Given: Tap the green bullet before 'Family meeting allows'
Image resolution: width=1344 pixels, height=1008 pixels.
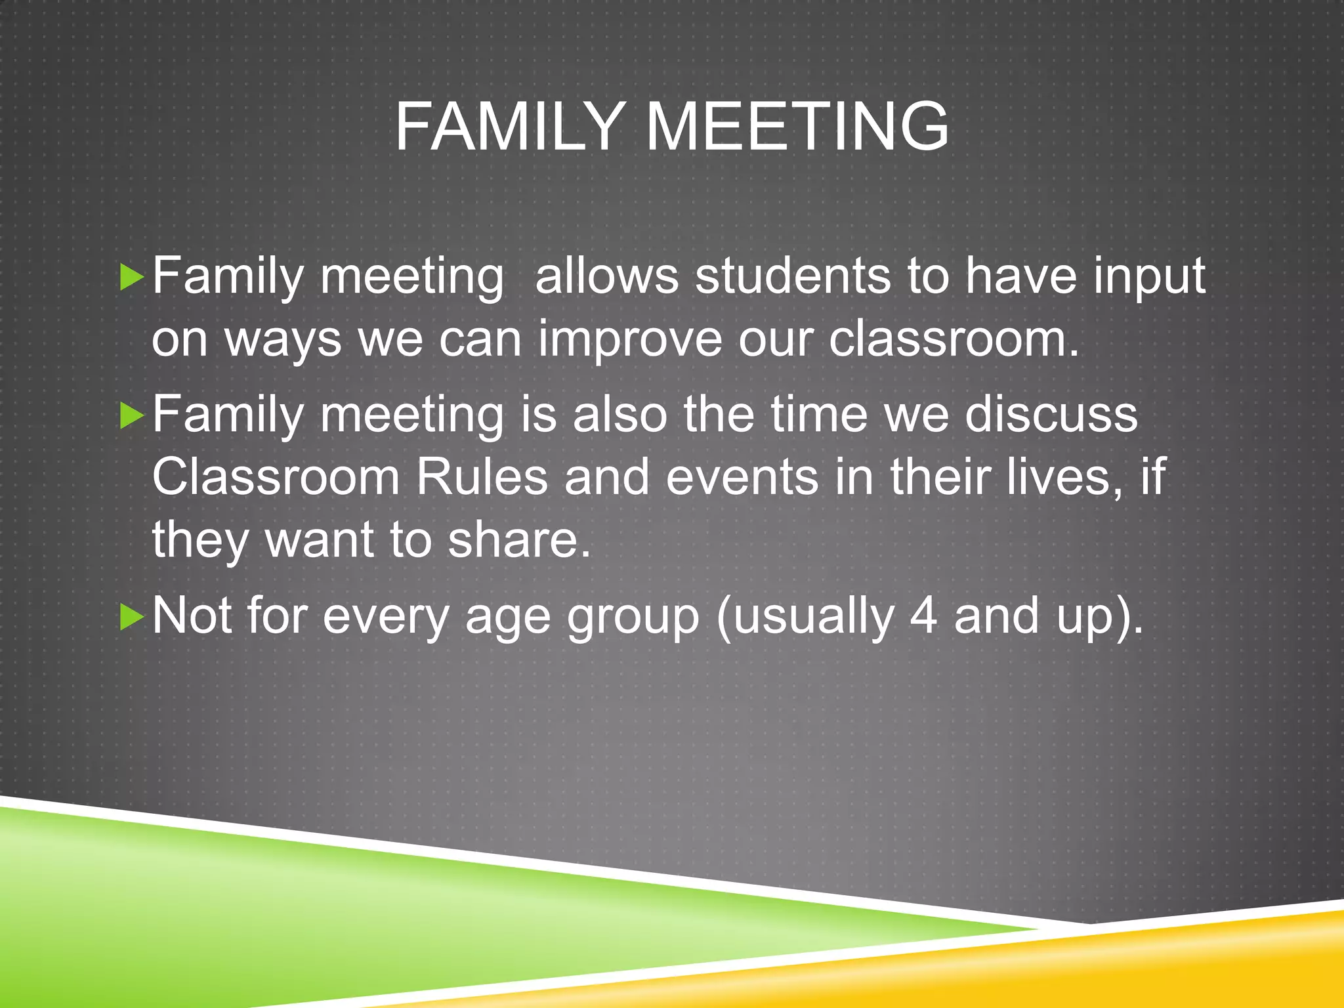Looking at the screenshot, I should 132,278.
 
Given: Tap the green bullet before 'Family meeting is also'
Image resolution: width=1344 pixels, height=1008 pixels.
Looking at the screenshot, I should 132,416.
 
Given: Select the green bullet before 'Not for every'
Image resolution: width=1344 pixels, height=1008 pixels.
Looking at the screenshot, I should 132,618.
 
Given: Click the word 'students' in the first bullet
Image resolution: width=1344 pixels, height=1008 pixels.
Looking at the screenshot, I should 793,276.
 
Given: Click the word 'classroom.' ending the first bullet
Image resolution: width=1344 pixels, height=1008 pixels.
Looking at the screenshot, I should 954,339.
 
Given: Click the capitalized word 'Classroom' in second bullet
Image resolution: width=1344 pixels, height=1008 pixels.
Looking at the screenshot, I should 276,476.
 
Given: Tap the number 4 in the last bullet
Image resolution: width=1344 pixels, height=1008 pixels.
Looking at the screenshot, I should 923,616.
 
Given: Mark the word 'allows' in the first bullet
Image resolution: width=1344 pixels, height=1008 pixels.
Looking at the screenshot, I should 606,276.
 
